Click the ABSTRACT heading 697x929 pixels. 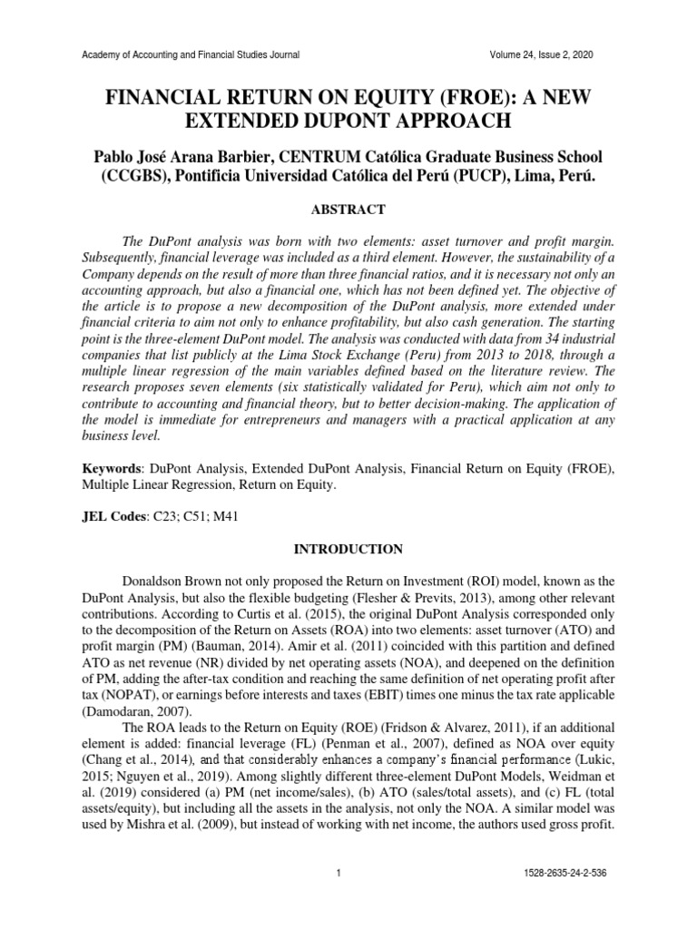tap(348, 210)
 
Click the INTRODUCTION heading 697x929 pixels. tap(348, 549)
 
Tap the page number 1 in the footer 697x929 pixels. tap(338, 898)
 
